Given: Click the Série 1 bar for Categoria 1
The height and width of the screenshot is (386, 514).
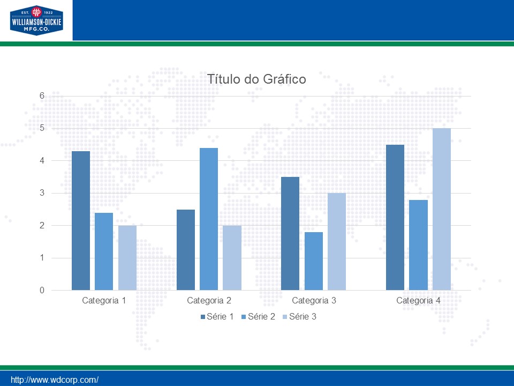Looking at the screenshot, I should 81,220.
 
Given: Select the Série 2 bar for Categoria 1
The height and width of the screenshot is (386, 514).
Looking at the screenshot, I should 104,251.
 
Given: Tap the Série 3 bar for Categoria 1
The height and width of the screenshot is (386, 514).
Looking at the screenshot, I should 127,258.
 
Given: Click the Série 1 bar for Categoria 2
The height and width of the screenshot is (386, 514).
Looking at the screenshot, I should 186,250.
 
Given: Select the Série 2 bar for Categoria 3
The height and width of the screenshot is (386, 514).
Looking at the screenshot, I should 314,261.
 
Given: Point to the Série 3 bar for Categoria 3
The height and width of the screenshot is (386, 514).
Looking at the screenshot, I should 337,242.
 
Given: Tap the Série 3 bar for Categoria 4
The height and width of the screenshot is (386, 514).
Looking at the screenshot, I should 442,209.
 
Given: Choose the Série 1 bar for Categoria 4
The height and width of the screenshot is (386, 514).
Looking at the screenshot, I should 395,217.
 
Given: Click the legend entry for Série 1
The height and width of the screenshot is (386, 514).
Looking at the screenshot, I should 217,317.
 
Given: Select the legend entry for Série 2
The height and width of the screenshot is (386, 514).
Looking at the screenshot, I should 258,317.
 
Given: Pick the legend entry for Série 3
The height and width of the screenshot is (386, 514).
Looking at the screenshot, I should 299,317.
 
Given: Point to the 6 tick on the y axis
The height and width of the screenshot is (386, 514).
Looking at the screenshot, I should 41,95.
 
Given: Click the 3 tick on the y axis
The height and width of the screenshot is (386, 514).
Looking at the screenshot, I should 41,193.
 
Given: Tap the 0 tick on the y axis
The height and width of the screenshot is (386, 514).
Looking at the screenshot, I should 41,291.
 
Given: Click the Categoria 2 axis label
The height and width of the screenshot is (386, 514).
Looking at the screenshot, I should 209,301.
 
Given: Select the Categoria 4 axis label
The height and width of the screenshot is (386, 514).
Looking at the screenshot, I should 418,301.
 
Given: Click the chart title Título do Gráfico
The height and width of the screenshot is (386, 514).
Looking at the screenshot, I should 256,79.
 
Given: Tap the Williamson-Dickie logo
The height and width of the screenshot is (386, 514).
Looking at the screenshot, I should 36,20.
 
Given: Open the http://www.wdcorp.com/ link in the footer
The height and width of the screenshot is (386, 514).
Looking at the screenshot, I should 55,380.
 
